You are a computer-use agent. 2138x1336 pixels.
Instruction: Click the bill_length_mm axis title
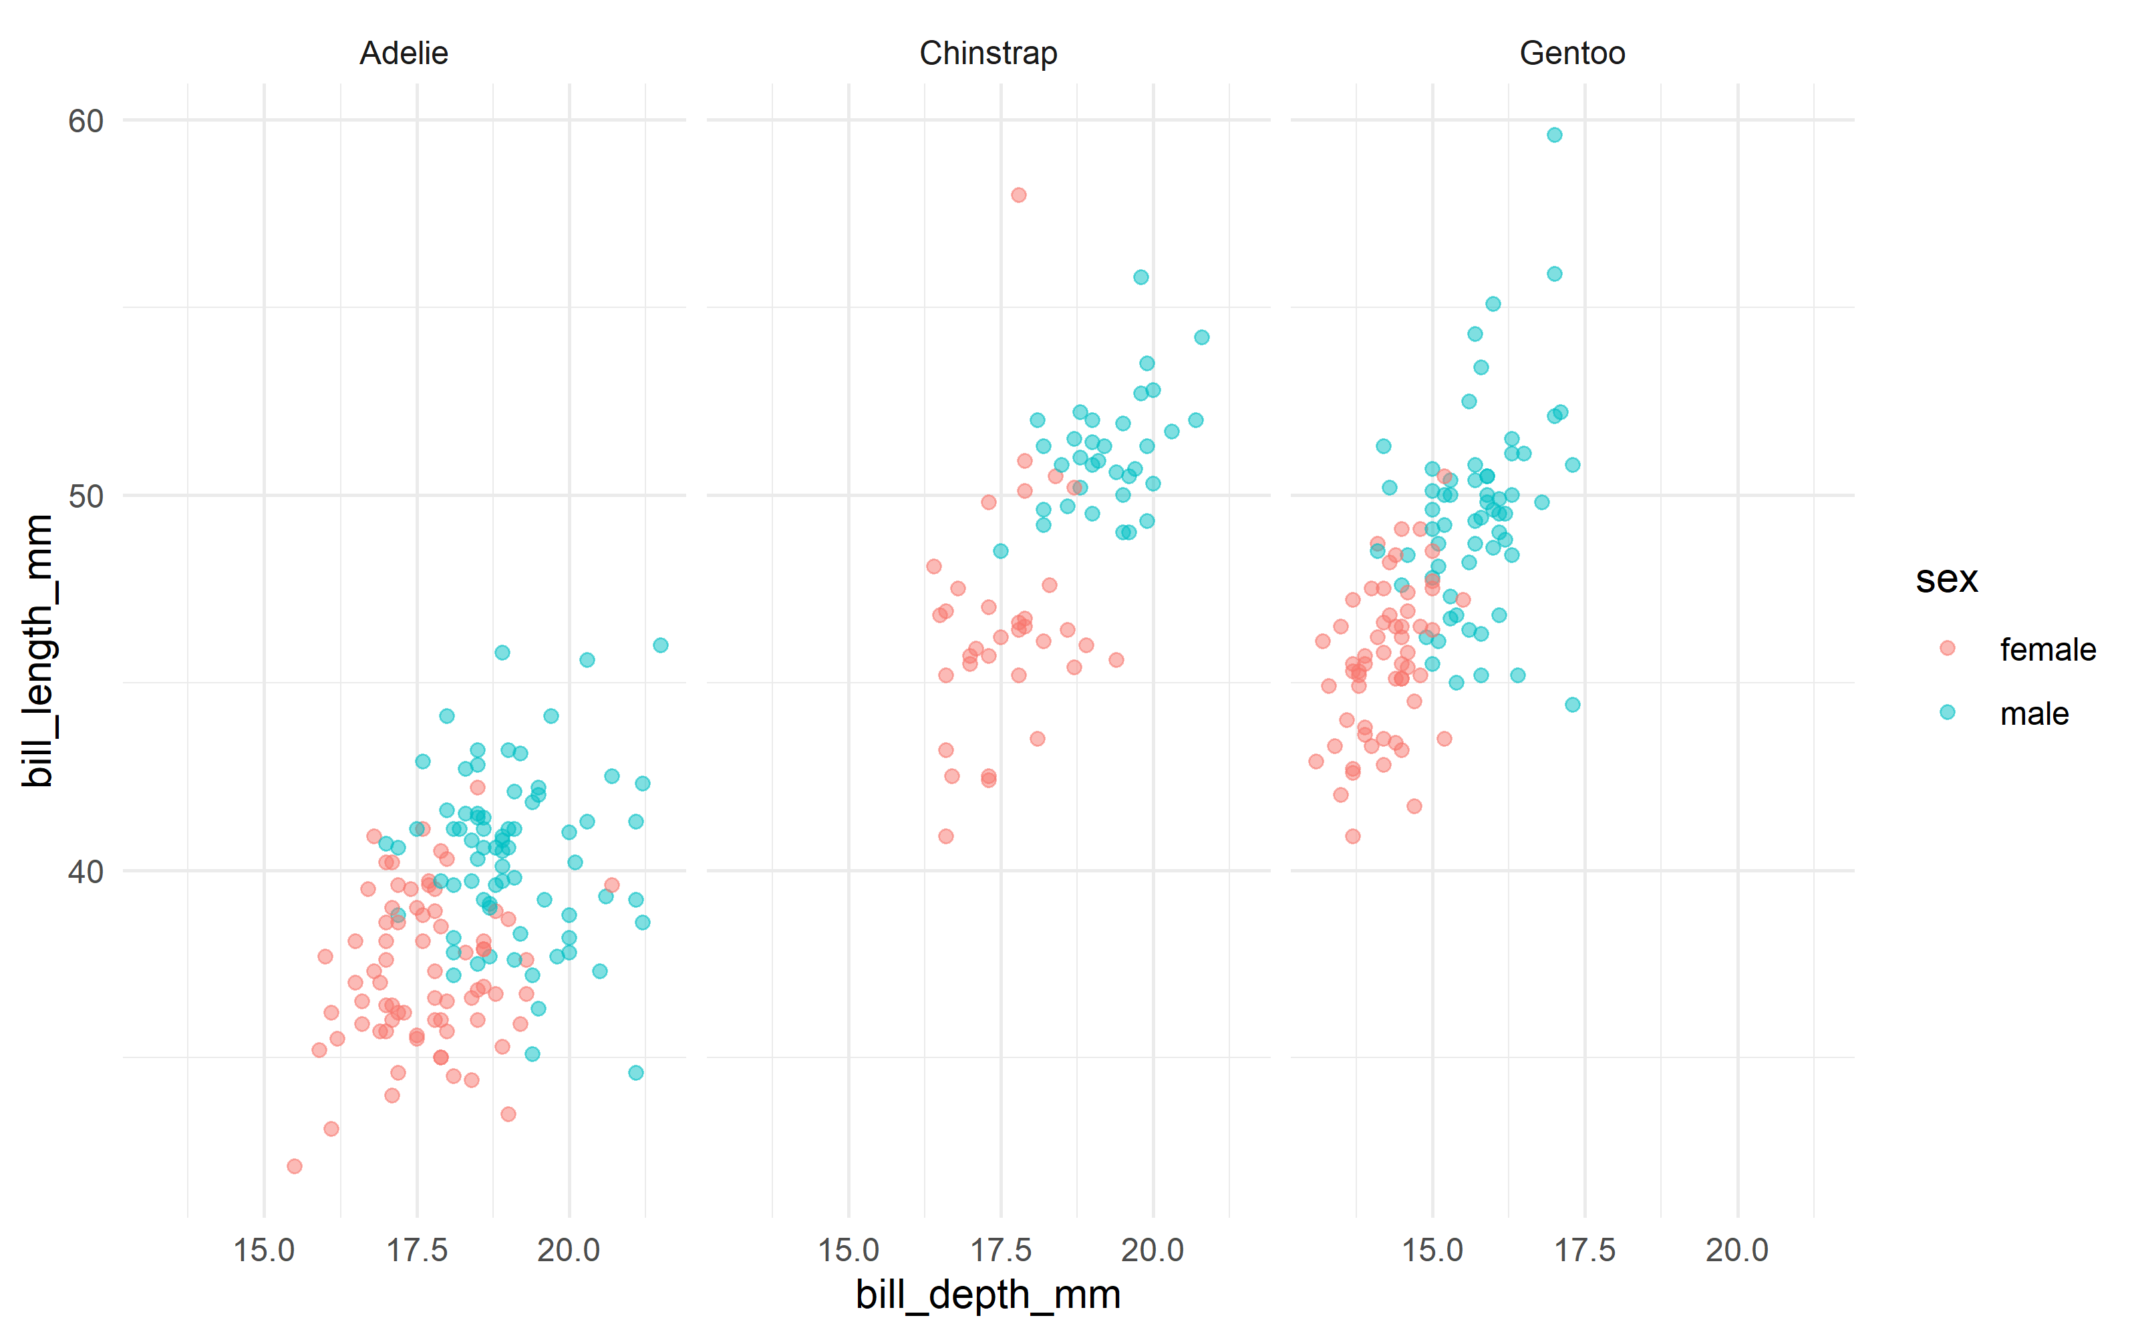40,651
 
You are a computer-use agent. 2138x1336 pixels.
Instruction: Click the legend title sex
1946,580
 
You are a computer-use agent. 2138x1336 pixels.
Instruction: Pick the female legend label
2047,649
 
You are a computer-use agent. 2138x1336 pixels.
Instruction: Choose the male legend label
2034,714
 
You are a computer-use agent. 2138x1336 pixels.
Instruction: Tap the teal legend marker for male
1947,712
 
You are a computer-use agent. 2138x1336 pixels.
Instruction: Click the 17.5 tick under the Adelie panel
417,1250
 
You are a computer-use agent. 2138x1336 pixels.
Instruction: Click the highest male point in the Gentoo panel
1554,135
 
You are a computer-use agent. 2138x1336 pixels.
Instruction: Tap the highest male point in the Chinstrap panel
1140,277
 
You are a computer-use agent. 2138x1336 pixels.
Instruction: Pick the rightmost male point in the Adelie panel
660,646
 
